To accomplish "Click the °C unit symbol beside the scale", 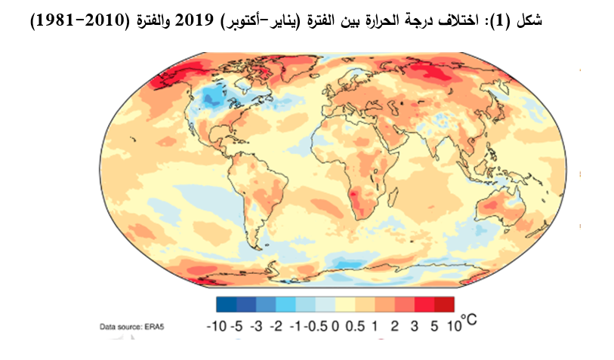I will pyautogui.click(x=468, y=322).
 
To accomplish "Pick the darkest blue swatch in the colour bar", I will pyautogui.click(x=226, y=304).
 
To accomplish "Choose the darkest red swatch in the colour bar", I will pyautogui.click(x=445, y=304).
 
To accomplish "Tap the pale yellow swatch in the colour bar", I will pyautogui.click(x=345, y=304).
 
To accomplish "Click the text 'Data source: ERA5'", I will pyautogui.click(x=133, y=327).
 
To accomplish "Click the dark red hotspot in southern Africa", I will pyautogui.click(x=354, y=198).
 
